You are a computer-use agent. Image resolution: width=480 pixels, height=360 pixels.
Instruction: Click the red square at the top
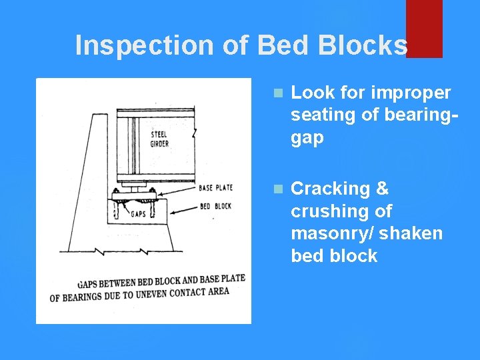[424, 28]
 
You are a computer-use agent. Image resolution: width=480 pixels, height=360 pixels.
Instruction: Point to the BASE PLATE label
[215, 188]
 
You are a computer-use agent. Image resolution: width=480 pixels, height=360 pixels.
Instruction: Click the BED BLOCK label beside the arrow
[215, 206]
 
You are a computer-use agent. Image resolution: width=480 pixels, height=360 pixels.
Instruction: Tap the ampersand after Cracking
[382, 189]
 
